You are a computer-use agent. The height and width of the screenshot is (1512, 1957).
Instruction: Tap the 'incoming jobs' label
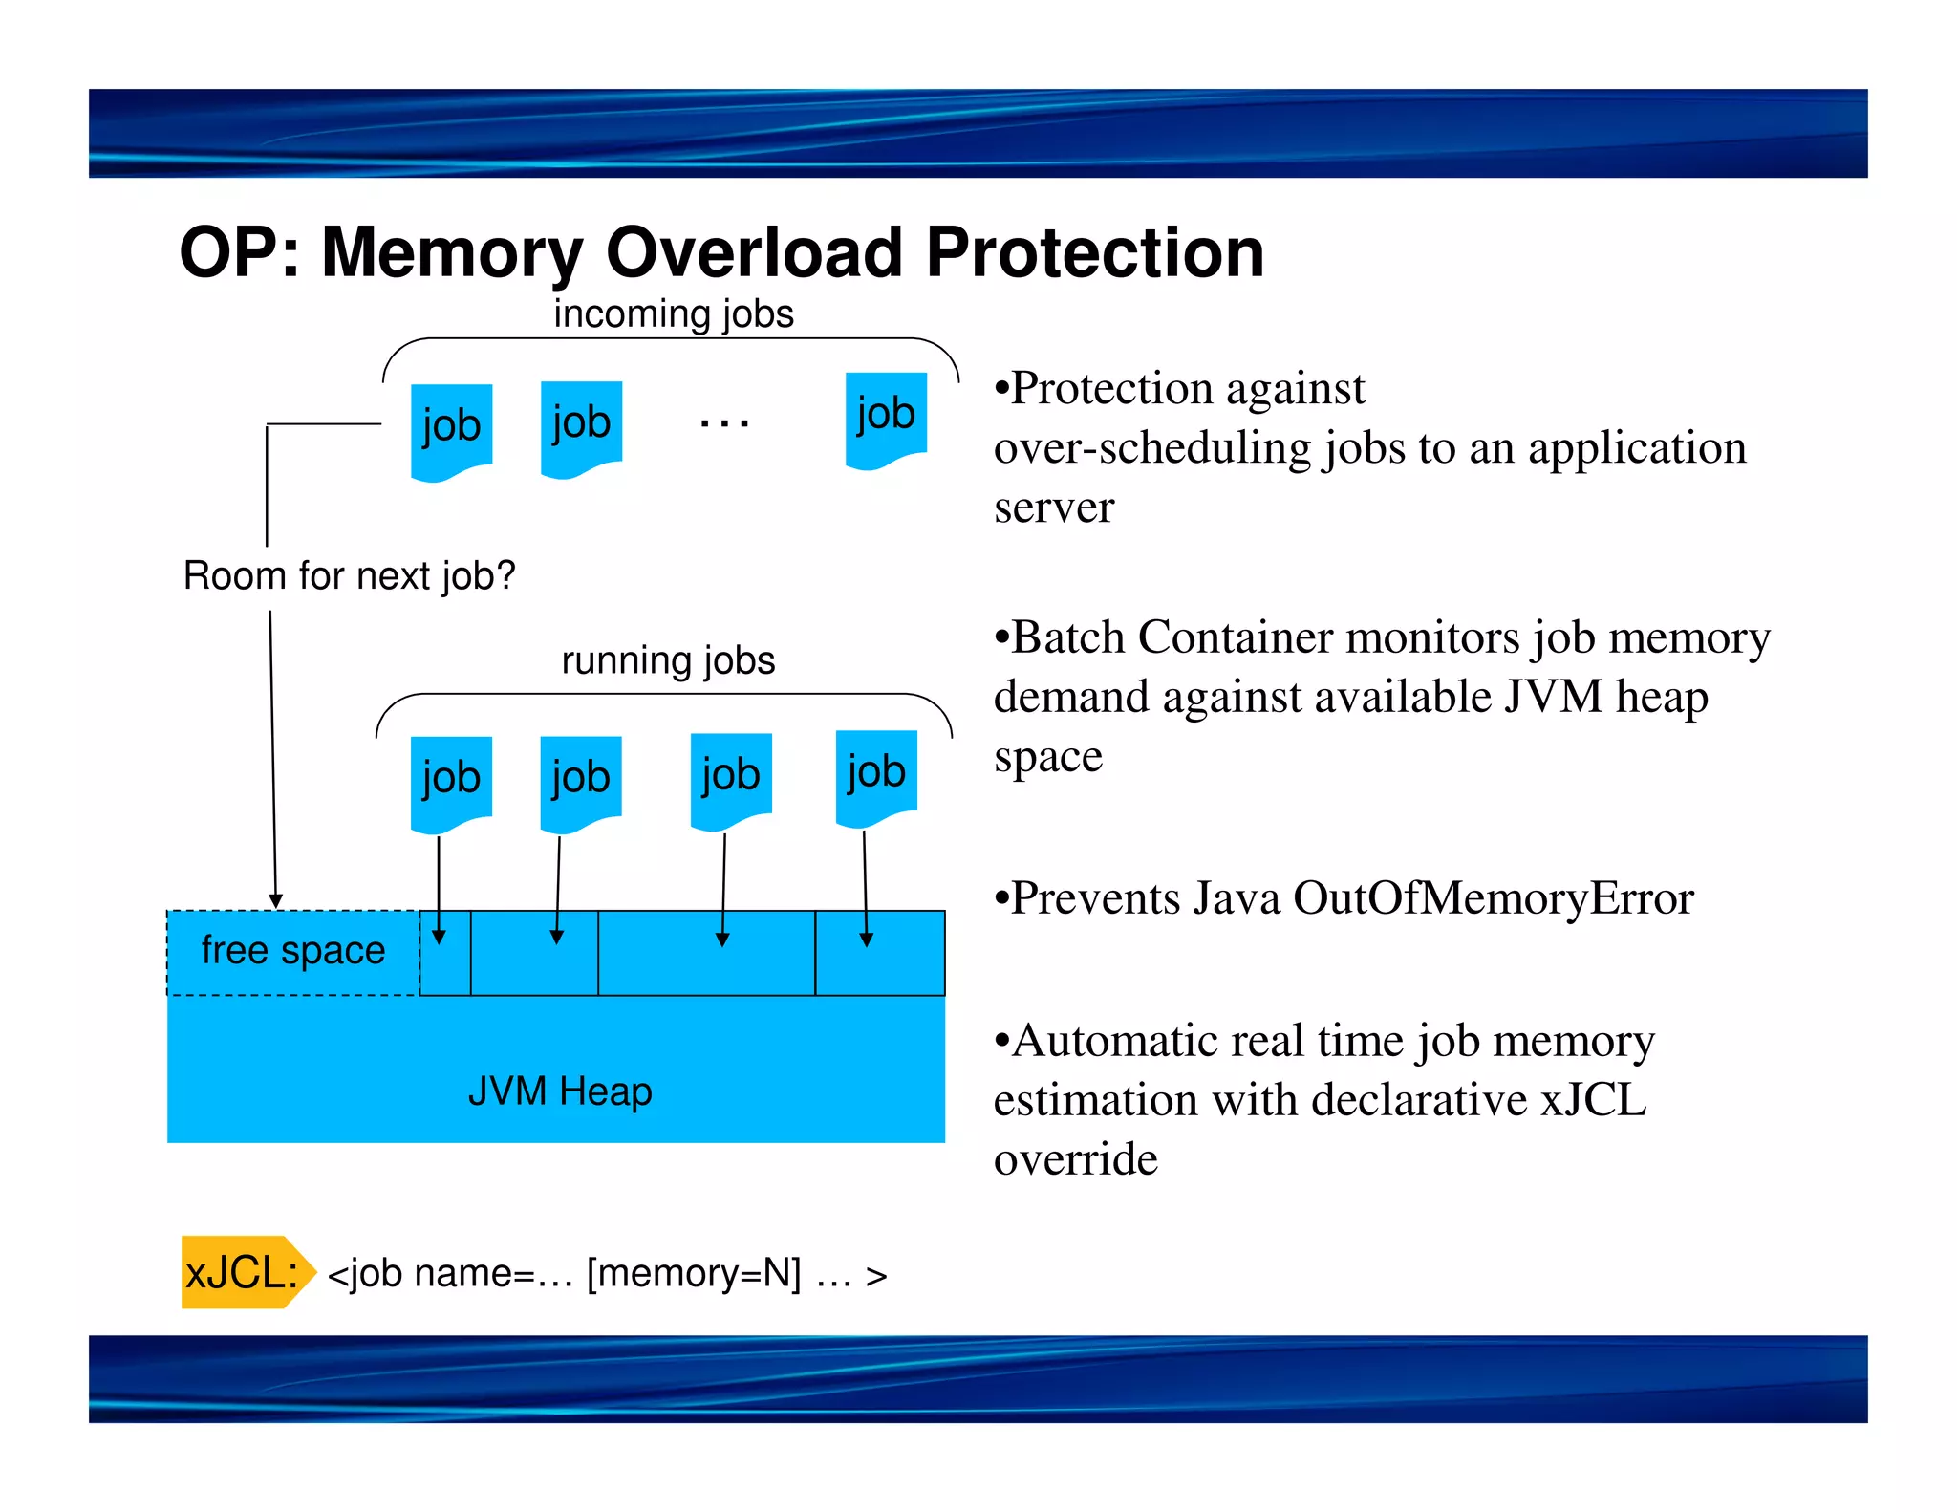coord(673,314)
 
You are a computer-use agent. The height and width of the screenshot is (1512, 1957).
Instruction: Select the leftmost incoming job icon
coord(451,429)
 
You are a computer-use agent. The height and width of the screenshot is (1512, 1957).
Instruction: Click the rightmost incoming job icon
coord(886,418)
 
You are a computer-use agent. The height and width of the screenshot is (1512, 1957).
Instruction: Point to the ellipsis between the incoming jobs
coord(723,421)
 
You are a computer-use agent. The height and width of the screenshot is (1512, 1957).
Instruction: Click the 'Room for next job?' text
coord(349,576)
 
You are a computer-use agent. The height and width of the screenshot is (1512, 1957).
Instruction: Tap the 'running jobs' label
coord(667,660)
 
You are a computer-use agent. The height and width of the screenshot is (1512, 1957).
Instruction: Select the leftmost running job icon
coord(451,781)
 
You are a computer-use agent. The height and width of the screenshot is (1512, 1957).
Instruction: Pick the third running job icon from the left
coord(731,778)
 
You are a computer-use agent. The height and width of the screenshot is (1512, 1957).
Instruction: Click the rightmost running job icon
coord(876,775)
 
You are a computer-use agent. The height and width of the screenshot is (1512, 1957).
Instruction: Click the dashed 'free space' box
coord(292,951)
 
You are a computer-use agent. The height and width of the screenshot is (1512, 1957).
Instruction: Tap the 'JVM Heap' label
coord(560,1091)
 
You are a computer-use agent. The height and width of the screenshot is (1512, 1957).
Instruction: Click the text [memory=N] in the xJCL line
coord(694,1273)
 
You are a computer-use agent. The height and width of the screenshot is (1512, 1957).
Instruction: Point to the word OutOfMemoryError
coord(1493,898)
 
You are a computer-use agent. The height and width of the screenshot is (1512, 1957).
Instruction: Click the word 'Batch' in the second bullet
coord(1066,637)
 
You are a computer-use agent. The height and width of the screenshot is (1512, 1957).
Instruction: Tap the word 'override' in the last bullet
coord(1075,1159)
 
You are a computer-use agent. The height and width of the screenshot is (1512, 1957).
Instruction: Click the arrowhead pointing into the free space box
coord(275,900)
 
